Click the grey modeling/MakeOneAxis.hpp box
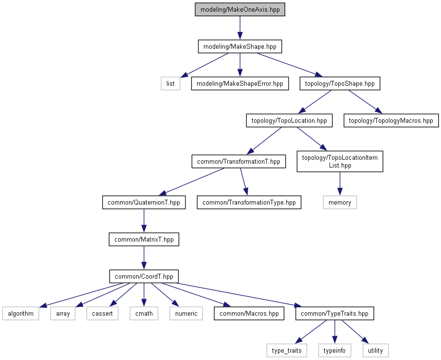[x=240, y=10]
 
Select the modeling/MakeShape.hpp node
[x=240, y=46]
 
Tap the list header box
[x=170, y=84]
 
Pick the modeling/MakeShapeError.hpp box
[x=240, y=84]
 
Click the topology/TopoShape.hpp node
[x=340, y=84]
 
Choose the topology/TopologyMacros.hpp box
[x=391, y=120]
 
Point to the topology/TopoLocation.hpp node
[x=289, y=120]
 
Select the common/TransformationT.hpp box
[x=239, y=162]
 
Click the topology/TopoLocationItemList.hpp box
[x=340, y=161]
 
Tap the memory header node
[x=340, y=202]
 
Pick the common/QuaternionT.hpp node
[x=144, y=202]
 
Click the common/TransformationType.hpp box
[x=249, y=202]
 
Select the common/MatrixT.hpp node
[x=144, y=240]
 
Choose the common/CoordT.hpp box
[x=144, y=276]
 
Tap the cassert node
[x=102, y=314]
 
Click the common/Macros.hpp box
[x=249, y=314]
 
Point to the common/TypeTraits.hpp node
[x=334, y=314]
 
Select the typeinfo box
[x=334, y=350]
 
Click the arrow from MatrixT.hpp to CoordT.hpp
[x=144, y=258]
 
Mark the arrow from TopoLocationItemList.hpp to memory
[x=340, y=184]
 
